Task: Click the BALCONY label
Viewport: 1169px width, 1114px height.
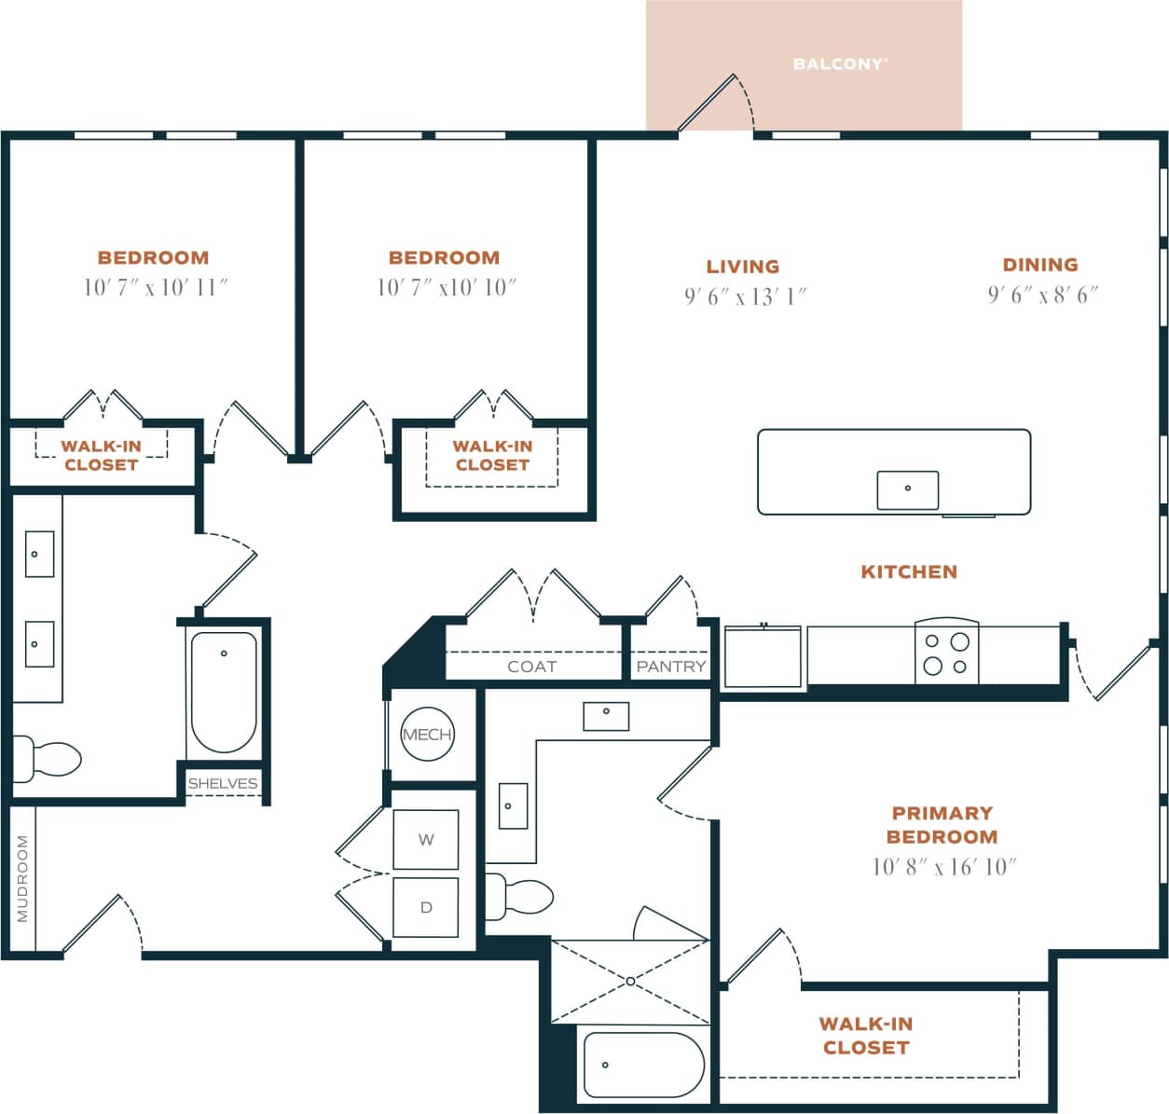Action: click(x=839, y=64)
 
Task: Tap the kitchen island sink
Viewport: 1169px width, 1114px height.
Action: click(x=907, y=489)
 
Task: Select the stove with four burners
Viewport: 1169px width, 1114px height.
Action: click(x=946, y=653)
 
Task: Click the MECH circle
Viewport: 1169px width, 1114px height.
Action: click(x=427, y=735)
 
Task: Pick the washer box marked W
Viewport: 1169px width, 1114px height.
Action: click(x=426, y=840)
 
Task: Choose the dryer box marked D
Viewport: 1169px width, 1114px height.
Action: click(x=426, y=907)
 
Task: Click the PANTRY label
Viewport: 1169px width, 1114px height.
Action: click(x=670, y=667)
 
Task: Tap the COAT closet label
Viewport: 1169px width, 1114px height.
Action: click(x=531, y=667)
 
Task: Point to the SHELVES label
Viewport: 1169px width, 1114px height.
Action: click(x=223, y=783)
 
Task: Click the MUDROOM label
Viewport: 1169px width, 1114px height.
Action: click(x=22, y=878)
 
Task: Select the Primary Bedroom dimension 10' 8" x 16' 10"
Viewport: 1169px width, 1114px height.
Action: click(x=943, y=867)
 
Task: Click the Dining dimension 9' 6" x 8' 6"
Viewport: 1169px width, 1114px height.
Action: click(x=1042, y=295)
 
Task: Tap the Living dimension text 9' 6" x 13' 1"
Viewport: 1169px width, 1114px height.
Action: click(x=744, y=296)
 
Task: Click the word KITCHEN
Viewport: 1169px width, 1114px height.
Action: click(x=908, y=571)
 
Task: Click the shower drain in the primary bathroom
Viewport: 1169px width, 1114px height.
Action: click(x=630, y=982)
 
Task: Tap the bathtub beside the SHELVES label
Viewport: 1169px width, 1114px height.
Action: click(x=224, y=692)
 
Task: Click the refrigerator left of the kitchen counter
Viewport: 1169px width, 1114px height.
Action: click(x=763, y=657)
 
